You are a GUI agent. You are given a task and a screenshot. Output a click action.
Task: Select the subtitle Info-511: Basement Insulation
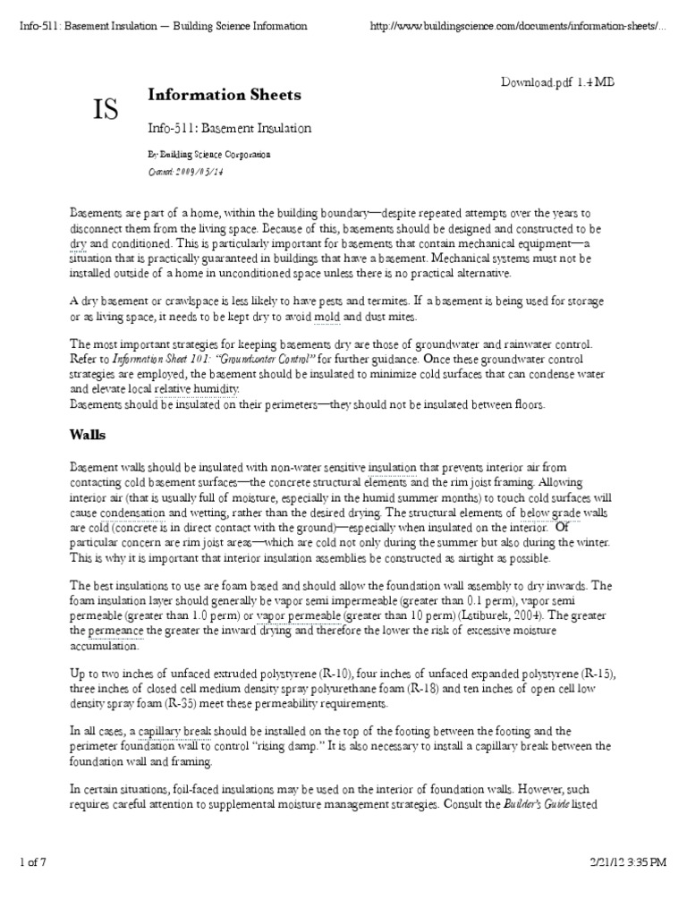[229, 128]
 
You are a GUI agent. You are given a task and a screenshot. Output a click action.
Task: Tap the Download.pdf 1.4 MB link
[556, 82]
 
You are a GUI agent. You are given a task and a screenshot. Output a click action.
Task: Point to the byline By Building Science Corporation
[208, 155]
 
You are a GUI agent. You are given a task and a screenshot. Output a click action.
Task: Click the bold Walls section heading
[88, 435]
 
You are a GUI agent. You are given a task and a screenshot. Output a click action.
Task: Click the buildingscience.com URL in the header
[517, 26]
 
